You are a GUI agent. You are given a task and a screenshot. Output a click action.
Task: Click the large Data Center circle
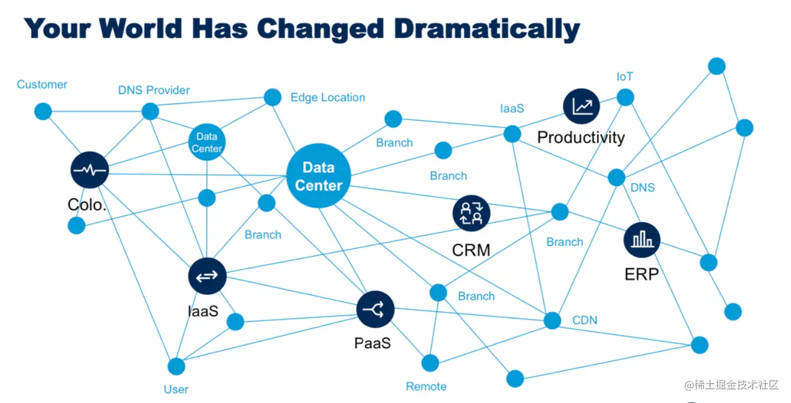pyautogui.click(x=318, y=176)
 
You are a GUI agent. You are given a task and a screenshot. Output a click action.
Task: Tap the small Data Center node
pyautogui.click(x=207, y=142)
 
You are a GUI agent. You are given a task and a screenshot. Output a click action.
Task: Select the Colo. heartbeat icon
pyautogui.click(x=89, y=170)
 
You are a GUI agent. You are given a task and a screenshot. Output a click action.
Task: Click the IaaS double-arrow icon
pyautogui.click(x=207, y=276)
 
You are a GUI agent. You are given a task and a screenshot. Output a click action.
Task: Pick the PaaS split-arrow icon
pyautogui.click(x=375, y=309)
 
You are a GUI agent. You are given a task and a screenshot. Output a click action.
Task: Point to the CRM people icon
pyautogui.click(x=472, y=213)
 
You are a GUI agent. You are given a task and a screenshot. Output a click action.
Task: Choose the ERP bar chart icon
pyautogui.click(x=642, y=240)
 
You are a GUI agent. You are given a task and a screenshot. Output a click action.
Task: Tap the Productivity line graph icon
pyautogui.click(x=581, y=106)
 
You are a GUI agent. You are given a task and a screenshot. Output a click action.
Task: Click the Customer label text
pyautogui.click(x=42, y=84)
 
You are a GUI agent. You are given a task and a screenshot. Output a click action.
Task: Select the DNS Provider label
pyautogui.click(x=154, y=90)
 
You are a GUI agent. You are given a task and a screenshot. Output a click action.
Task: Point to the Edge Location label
pyautogui.click(x=328, y=97)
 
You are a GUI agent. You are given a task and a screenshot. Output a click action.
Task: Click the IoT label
pyautogui.click(x=625, y=76)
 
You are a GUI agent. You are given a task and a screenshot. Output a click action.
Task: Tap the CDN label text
pyautogui.click(x=585, y=320)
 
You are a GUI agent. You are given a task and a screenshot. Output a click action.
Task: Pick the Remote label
pyautogui.click(x=426, y=386)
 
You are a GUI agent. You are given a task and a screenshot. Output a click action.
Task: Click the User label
pyautogui.click(x=176, y=389)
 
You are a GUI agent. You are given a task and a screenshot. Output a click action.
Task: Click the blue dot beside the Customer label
pyautogui.click(x=43, y=111)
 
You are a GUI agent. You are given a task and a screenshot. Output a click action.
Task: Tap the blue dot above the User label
pyautogui.click(x=176, y=366)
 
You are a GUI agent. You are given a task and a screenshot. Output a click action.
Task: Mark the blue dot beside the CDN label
pyautogui.click(x=552, y=321)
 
